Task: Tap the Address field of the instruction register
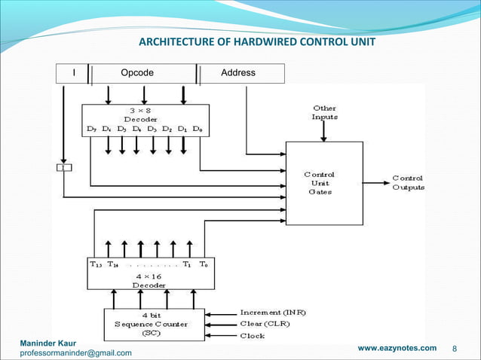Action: pyautogui.click(x=237, y=73)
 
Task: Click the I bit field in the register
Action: pyautogui.click(x=73, y=73)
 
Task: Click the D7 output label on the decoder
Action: pyautogui.click(x=92, y=130)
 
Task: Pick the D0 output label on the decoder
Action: pyautogui.click(x=198, y=130)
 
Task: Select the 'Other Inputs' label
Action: pyautogui.click(x=324, y=112)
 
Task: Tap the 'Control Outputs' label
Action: pyautogui.click(x=408, y=182)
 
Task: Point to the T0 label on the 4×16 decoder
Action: pyautogui.click(x=204, y=264)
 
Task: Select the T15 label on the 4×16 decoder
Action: pyautogui.click(x=96, y=264)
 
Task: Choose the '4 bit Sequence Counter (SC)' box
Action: pyautogui.click(x=155, y=323)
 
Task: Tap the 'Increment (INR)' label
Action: pyautogui.click(x=273, y=312)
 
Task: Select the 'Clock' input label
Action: pyautogui.click(x=252, y=335)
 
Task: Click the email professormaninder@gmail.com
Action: pyautogui.click(x=75, y=352)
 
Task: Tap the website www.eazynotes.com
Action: pyautogui.click(x=397, y=347)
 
